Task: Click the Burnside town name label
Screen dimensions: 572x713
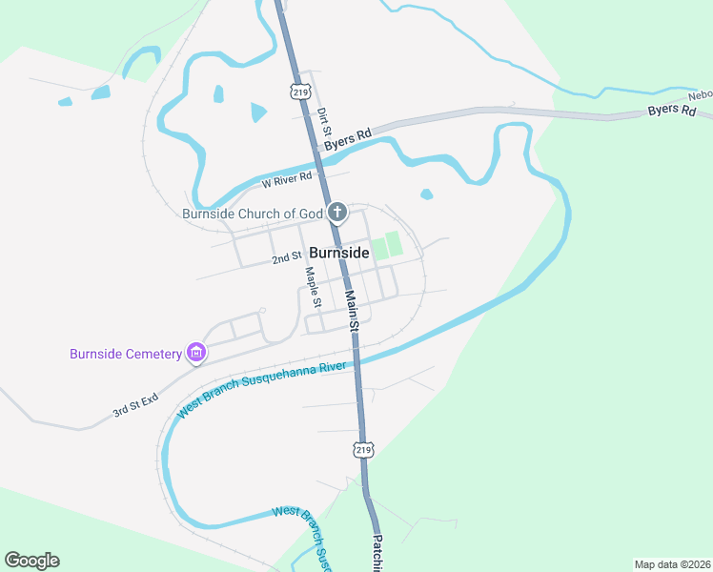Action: point(339,254)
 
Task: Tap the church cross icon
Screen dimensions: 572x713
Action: point(336,212)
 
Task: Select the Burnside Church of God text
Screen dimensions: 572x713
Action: point(253,214)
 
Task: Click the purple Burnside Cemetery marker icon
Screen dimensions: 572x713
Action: point(196,354)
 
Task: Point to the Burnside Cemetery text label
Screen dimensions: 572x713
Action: point(125,354)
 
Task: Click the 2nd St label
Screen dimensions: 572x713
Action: point(286,257)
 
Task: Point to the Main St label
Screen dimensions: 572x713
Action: point(351,312)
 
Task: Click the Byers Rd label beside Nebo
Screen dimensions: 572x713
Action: point(672,111)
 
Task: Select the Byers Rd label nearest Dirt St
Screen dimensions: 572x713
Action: point(347,140)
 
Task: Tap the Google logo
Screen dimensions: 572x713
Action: point(31,561)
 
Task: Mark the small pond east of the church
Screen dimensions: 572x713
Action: point(426,194)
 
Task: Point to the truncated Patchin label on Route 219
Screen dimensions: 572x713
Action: point(376,553)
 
